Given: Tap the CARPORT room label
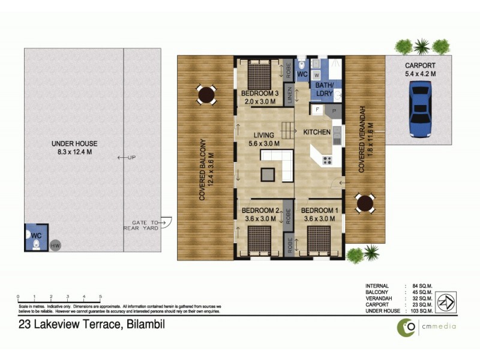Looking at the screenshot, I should [x=419, y=65].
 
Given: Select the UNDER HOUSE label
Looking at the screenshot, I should [x=74, y=143].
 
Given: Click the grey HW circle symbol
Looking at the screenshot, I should [x=55, y=246].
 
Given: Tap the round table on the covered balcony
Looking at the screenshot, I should [x=206, y=94].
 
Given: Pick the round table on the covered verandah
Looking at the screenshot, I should [x=365, y=203].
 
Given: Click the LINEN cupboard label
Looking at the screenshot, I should [x=289, y=95].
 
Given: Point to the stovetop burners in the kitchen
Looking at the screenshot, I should [x=328, y=160].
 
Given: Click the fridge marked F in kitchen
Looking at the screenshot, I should [x=316, y=110].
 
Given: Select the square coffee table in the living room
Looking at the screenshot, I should [x=268, y=175].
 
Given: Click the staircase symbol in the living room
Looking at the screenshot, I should [x=290, y=128].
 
